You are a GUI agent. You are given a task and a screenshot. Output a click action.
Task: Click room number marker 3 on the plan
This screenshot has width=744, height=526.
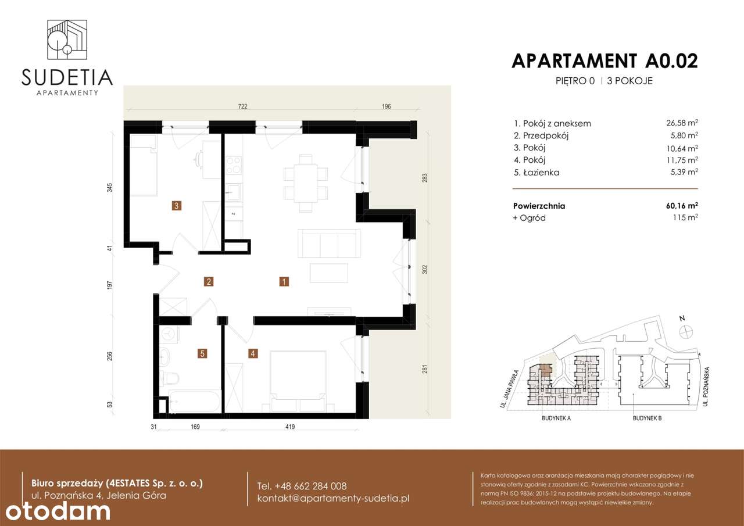tap(176, 205)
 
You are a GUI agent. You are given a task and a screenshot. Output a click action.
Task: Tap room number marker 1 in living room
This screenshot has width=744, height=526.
tap(284, 282)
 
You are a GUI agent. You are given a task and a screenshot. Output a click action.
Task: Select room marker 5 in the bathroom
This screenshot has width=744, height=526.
tap(202, 353)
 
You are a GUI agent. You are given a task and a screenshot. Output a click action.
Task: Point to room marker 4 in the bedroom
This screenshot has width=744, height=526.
tap(252, 353)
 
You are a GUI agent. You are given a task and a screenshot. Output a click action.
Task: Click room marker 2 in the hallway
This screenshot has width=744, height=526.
tap(209, 282)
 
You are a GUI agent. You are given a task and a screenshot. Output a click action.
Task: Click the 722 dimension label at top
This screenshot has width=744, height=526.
tap(242, 106)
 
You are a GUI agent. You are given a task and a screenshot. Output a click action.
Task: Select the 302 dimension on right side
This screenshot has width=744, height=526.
tap(425, 270)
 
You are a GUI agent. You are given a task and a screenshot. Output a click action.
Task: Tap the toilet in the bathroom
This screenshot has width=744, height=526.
tap(170, 379)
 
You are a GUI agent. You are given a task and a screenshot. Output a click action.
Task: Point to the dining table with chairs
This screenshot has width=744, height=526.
tap(305, 181)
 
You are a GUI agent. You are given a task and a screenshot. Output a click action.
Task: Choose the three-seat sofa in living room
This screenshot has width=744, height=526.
tap(327, 243)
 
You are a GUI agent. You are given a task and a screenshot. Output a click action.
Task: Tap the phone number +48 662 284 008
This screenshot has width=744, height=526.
tap(302, 486)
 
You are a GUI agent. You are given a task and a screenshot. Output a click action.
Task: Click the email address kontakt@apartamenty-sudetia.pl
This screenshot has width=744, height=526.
tap(333, 499)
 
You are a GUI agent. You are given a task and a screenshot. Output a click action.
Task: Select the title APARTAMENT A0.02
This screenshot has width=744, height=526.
tap(604, 60)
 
